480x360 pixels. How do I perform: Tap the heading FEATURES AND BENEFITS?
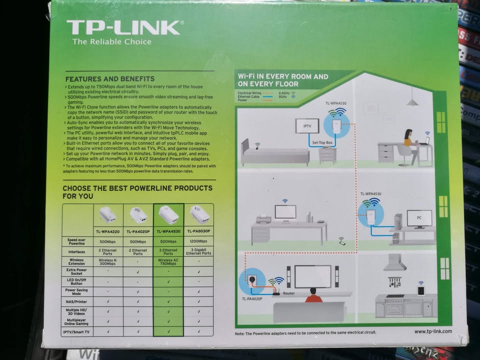110,79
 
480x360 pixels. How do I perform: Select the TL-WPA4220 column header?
107,231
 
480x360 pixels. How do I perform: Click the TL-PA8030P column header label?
198,231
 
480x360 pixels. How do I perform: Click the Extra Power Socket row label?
76,272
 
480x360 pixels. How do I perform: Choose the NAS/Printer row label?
76,301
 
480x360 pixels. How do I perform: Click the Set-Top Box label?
322,143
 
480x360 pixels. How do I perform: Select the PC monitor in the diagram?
419,217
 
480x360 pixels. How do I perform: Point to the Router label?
289,294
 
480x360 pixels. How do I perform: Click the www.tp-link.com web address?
432,331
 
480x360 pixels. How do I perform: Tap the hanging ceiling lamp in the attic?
412,101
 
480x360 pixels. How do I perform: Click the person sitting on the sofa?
313,295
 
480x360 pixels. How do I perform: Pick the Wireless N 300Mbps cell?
107,262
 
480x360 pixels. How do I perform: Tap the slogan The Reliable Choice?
111,42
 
